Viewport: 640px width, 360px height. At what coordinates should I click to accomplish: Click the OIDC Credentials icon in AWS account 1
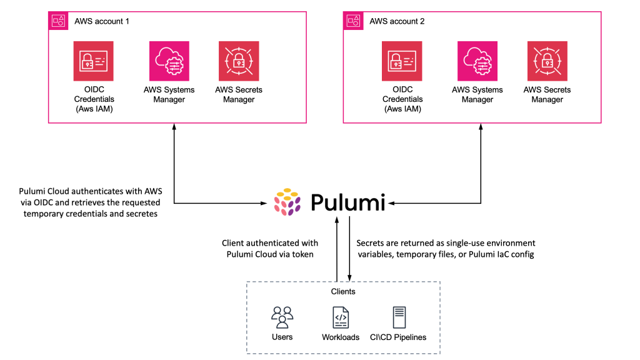point(93,61)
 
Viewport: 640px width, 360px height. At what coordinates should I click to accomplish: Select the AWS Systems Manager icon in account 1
point(169,61)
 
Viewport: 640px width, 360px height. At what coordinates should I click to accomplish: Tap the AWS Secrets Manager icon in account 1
point(239,61)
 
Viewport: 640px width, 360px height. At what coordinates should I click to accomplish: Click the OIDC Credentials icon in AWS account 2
point(402,61)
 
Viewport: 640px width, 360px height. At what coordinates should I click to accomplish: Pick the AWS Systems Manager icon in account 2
point(477,61)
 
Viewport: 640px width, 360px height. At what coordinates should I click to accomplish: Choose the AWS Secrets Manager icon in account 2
point(547,61)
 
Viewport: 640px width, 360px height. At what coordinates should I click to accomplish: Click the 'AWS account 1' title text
point(102,21)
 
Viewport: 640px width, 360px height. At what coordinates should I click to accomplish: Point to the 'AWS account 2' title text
point(397,21)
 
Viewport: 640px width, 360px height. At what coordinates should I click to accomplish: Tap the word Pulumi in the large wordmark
point(348,202)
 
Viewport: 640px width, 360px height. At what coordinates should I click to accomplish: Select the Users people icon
point(282,317)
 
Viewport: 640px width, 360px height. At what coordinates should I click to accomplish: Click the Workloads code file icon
point(341,317)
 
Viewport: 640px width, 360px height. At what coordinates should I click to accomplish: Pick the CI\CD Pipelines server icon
point(398,317)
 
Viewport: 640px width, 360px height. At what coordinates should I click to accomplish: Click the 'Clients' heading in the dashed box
point(342,292)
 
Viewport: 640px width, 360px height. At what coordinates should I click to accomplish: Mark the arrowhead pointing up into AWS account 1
point(174,127)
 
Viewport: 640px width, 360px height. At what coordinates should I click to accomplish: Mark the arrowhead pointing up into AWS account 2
point(481,127)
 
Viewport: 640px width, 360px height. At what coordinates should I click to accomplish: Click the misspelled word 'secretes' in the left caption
point(143,213)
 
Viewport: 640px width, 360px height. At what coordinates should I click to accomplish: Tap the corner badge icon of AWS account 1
point(58,20)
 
